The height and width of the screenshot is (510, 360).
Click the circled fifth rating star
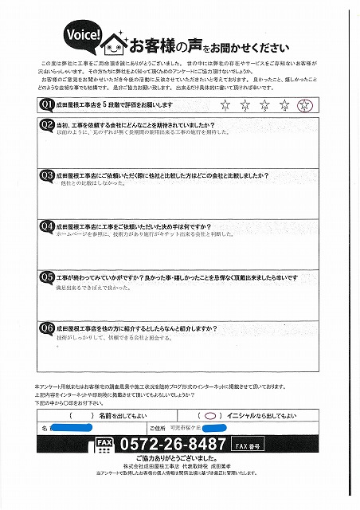[x=302, y=104]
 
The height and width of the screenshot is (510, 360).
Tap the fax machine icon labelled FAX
[x=104, y=445]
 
